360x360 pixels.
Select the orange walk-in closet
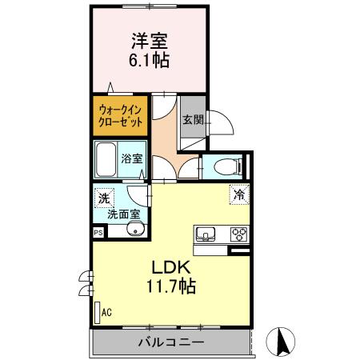point(121,115)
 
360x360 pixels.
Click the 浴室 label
point(132,158)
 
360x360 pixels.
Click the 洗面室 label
point(124,214)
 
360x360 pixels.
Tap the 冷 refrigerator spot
point(238,194)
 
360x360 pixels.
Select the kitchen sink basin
point(205,234)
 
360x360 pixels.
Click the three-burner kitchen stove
point(238,234)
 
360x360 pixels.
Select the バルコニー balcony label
point(170,342)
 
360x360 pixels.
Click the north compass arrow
point(282,342)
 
